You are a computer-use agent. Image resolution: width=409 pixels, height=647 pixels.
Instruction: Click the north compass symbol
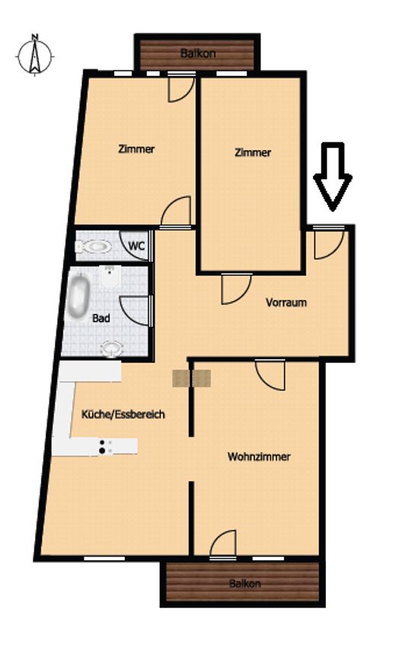point(35,55)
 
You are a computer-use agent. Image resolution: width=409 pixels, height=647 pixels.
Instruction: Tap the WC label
point(136,246)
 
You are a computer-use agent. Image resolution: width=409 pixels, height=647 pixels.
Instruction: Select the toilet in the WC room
point(94,247)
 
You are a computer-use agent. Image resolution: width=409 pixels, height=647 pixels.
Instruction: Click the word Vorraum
point(286,302)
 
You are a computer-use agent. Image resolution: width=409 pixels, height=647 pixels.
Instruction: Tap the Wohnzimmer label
point(259,457)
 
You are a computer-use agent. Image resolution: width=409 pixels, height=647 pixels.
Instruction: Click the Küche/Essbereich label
point(123,414)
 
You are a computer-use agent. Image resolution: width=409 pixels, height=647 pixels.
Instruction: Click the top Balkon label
point(198,53)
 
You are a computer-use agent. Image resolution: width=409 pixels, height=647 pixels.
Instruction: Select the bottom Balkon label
point(244,584)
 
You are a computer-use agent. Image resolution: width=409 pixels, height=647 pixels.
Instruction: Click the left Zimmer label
point(136,148)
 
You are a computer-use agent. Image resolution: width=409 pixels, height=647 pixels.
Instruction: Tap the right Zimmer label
point(253,152)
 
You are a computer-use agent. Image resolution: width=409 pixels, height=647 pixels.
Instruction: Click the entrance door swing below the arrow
point(329,244)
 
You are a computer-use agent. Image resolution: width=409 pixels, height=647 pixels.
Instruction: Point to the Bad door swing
point(134,311)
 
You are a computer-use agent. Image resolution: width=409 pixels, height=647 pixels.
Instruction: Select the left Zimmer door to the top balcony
point(181,88)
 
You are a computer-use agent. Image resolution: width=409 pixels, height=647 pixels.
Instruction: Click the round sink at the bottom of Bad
point(112,349)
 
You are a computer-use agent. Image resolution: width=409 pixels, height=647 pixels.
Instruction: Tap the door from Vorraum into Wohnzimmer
point(270,375)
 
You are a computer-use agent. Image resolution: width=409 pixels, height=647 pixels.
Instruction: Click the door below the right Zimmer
point(236,288)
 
